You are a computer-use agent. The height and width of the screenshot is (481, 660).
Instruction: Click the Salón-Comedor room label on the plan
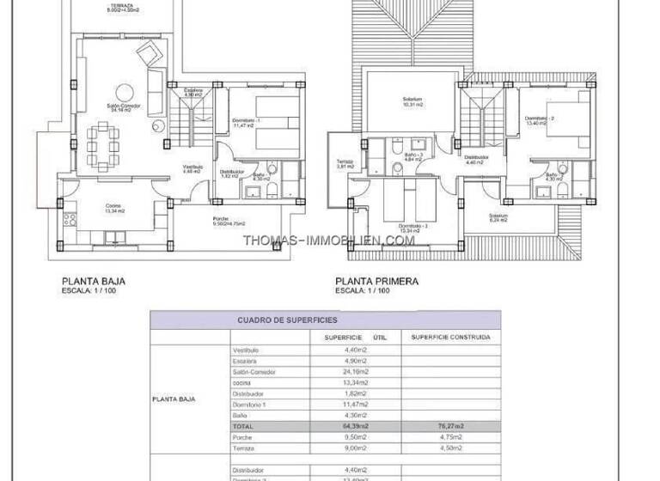pyautogui.click(x=124, y=107)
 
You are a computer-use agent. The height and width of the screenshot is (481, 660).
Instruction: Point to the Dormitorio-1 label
pyautogui.click(x=246, y=122)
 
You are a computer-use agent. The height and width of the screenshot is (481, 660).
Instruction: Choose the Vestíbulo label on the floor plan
pyautogui.click(x=192, y=167)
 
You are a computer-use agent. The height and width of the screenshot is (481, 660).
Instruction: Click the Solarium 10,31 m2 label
pyautogui.click(x=413, y=101)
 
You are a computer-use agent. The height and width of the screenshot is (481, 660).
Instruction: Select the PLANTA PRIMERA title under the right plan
pyautogui.click(x=377, y=281)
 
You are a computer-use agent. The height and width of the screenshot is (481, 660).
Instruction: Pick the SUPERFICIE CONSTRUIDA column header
pyautogui.click(x=451, y=338)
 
